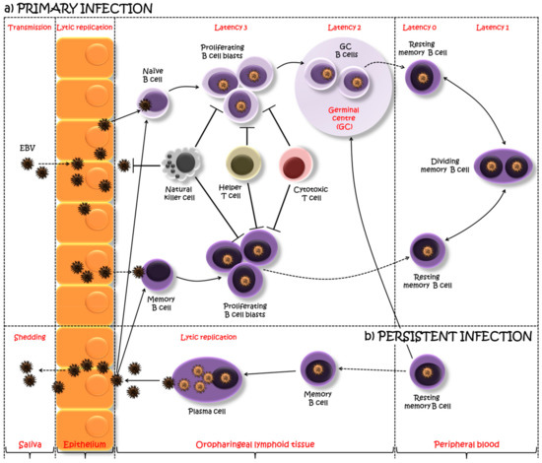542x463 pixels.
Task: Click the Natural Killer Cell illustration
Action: click(x=181, y=164)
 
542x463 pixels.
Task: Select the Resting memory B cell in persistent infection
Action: click(x=426, y=372)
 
